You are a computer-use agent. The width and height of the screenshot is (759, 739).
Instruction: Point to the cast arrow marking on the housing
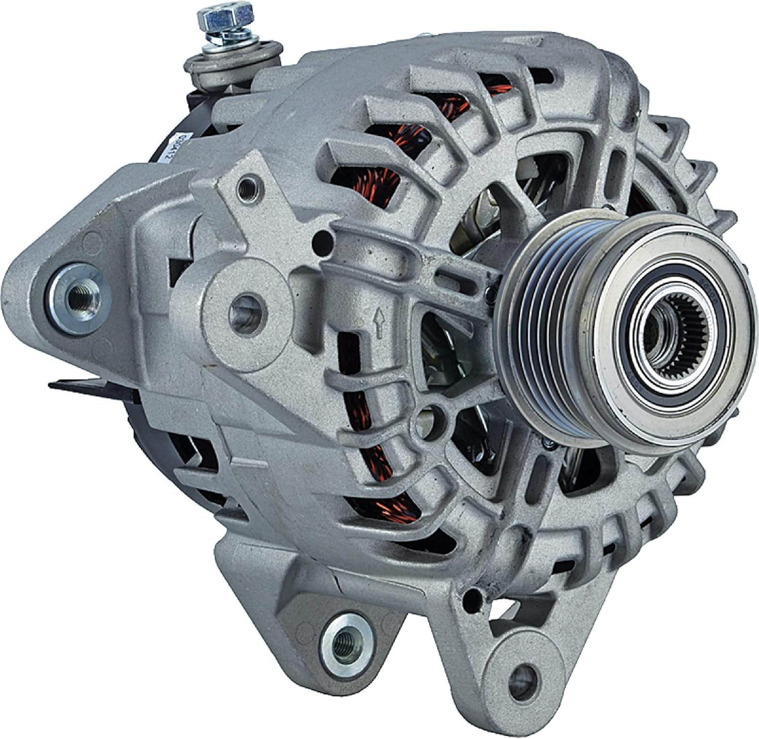click(x=377, y=318)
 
